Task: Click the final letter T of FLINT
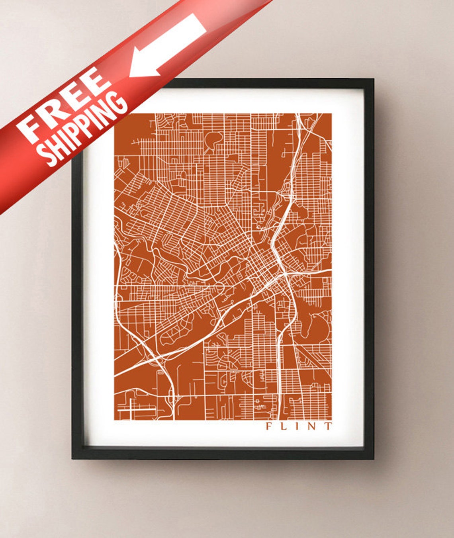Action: coord(327,426)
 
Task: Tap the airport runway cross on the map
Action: coord(131,409)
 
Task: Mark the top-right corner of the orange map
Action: coord(331,113)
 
